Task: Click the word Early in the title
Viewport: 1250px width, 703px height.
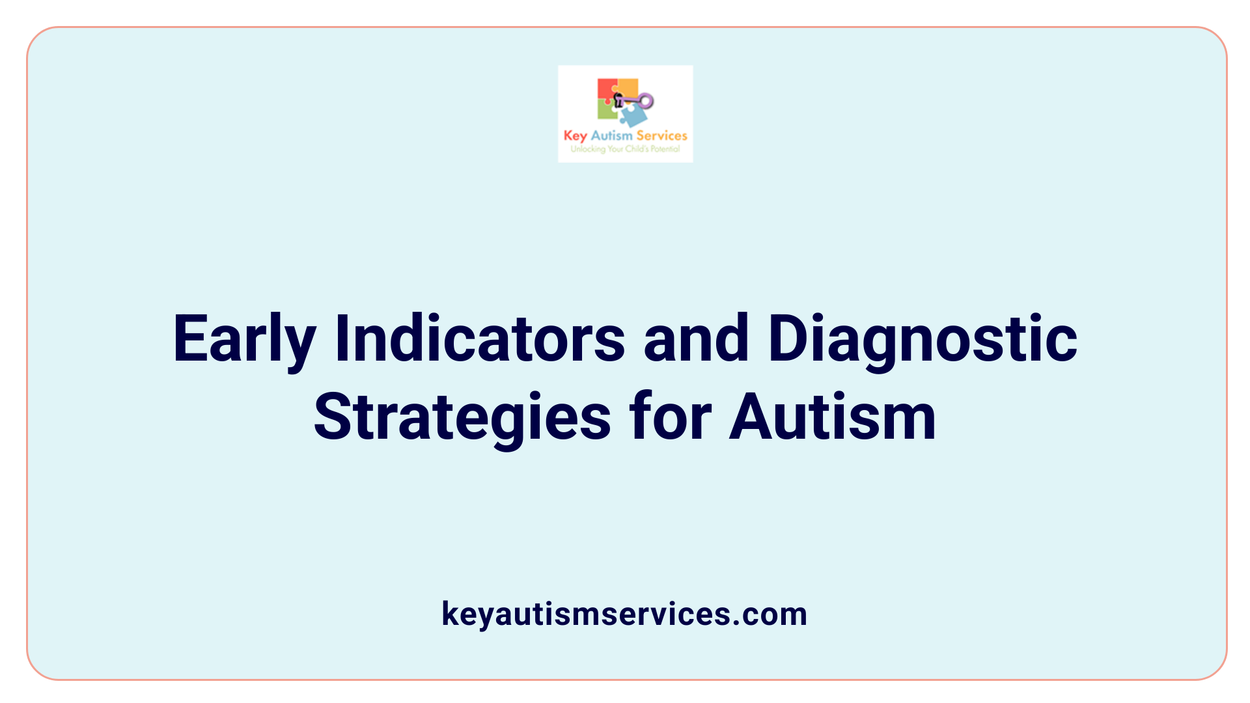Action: (x=244, y=340)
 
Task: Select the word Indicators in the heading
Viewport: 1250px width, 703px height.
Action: (x=480, y=340)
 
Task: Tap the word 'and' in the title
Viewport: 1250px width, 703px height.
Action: (x=696, y=340)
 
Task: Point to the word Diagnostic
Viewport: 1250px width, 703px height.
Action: (x=923, y=340)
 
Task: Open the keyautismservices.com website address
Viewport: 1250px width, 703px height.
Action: (x=624, y=614)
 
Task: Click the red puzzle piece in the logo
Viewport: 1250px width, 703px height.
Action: (x=606, y=89)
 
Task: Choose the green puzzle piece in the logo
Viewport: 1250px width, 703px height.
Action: (x=606, y=111)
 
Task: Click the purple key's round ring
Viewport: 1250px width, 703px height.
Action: (x=646, y=101)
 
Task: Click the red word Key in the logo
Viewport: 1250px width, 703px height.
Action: (x=575, y=136)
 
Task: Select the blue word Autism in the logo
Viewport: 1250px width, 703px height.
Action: (x=611, y=136)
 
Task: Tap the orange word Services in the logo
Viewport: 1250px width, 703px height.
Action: (x=661, y=136)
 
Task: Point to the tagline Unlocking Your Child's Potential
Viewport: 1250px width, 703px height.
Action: (x=625, y=149)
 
